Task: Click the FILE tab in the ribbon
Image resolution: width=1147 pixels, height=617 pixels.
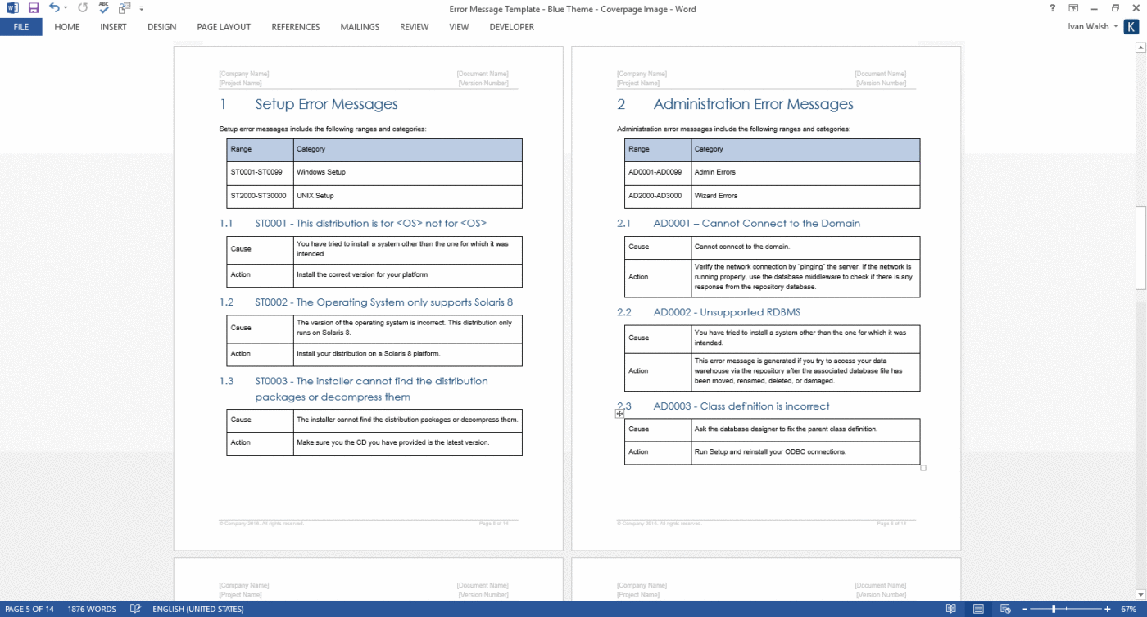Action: (x=21, y=27)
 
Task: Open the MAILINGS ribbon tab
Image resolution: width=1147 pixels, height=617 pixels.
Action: (x=360, y=27)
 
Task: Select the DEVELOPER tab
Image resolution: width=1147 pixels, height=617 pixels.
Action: (x=511, y=27)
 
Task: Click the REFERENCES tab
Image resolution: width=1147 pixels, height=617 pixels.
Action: (x=295, y=27)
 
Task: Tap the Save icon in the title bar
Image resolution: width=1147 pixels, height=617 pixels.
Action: (x=34, y=8)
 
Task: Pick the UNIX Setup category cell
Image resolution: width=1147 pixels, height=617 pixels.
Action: (x=315, y=196)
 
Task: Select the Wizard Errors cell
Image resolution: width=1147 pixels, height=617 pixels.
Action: (x=716, y=196)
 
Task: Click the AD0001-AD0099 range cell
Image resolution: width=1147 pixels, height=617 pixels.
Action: (x=655, y=172)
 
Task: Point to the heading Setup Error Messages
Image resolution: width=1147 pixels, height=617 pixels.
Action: (x=326, y=104)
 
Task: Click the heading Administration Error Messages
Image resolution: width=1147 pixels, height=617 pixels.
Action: (x=753, y=104)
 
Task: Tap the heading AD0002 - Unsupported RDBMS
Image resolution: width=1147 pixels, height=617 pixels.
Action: (x=727, y=312)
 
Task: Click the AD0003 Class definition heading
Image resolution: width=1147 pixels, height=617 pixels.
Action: (x=741, y=406)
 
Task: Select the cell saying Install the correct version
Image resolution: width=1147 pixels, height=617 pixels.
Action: (x=362, y=274)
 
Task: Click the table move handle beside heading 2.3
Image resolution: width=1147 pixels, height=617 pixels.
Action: (x=620, y=415)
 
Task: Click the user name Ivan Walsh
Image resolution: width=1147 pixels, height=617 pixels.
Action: (x=1088, y=27)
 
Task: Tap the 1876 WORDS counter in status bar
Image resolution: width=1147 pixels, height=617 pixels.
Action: (x=92, y=610)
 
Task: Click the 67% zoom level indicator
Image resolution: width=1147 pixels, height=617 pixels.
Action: (x=1127, y=610)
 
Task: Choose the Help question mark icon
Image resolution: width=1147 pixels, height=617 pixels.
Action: (x=1052, y=8)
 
